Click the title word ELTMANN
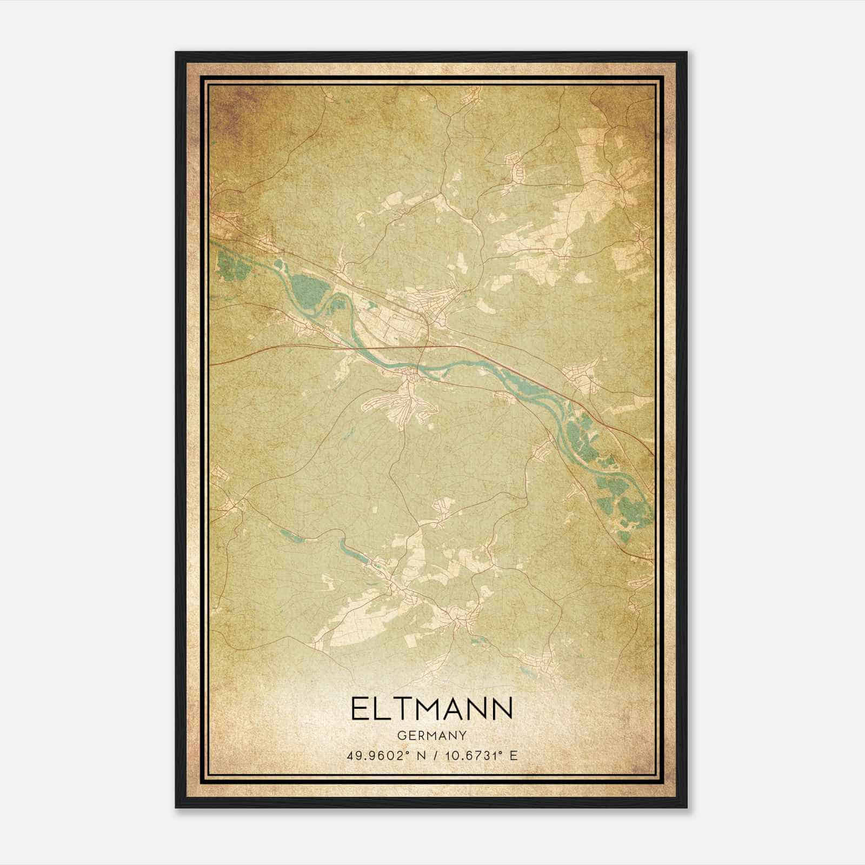[432, 709]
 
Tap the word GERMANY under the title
[432, 735]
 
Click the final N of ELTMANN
[502, 709]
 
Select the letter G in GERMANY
[401, 735]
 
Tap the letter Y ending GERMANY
[463, 735]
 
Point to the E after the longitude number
[514, 755]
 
